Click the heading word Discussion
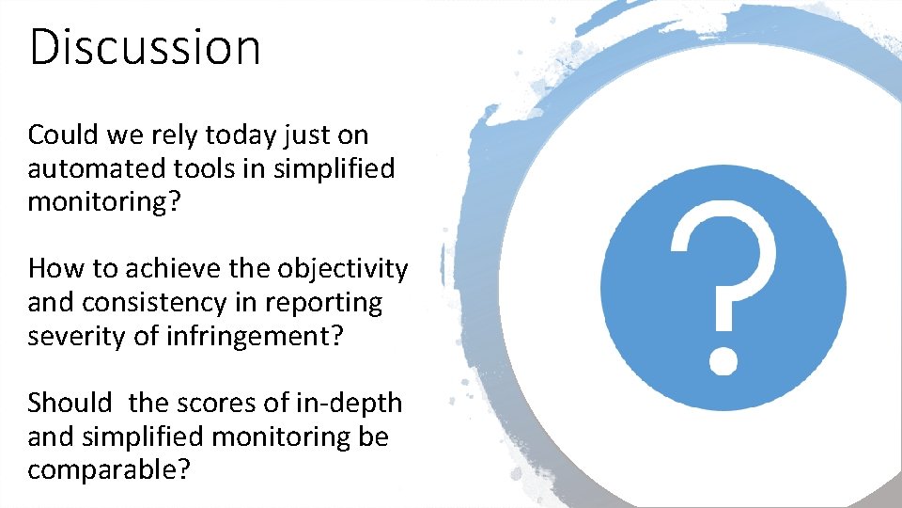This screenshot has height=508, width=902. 145,46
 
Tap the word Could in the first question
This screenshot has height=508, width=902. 63,135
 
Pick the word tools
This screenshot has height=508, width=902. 214,169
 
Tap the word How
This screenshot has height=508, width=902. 53,269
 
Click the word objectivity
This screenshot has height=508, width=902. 343,270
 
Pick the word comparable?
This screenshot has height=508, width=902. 108,470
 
